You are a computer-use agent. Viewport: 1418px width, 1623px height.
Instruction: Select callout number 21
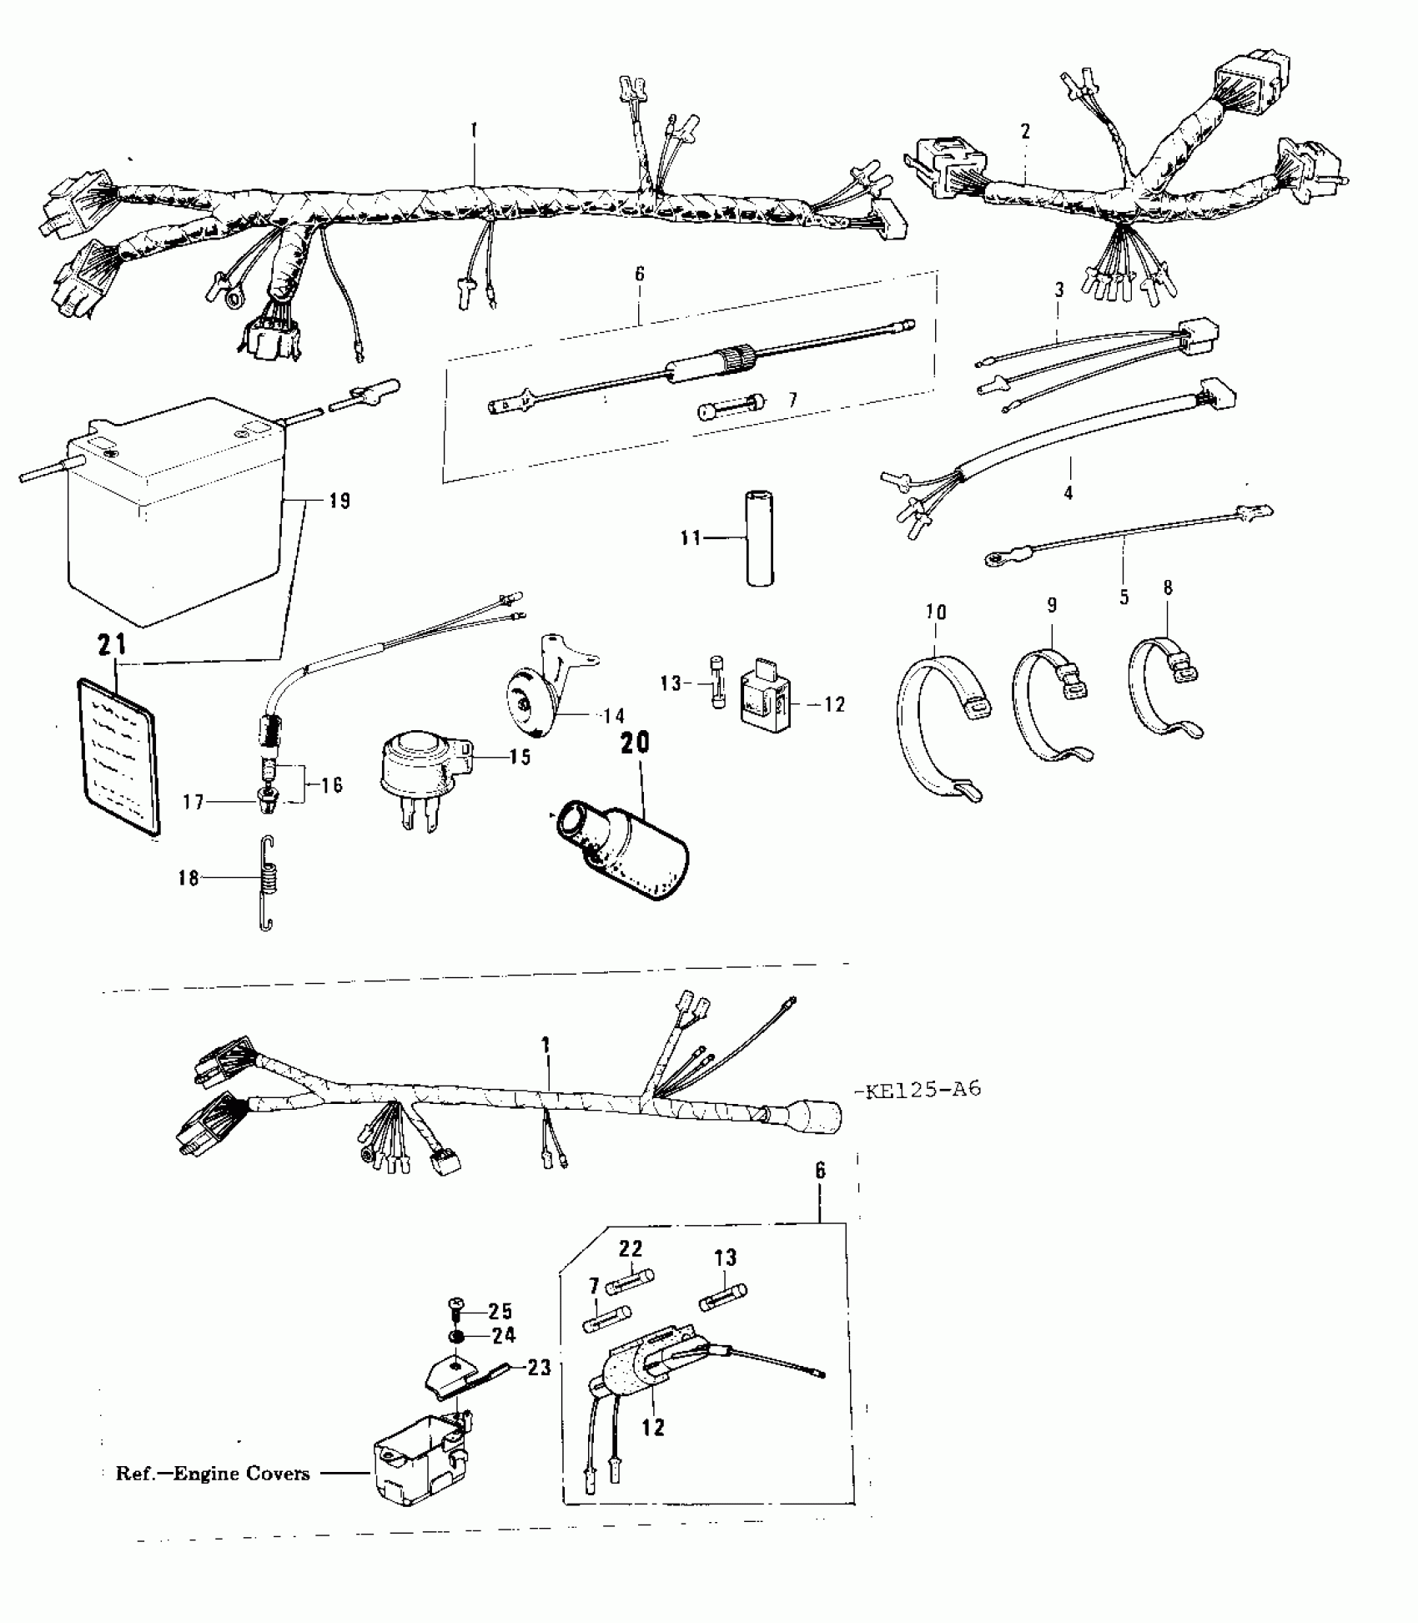coord(113,645)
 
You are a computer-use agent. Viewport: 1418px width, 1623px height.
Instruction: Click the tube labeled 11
coord(758,538)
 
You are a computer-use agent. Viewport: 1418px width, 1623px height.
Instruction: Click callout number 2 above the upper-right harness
coord(1025,131)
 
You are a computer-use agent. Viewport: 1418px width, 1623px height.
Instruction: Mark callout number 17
coord(193,803)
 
